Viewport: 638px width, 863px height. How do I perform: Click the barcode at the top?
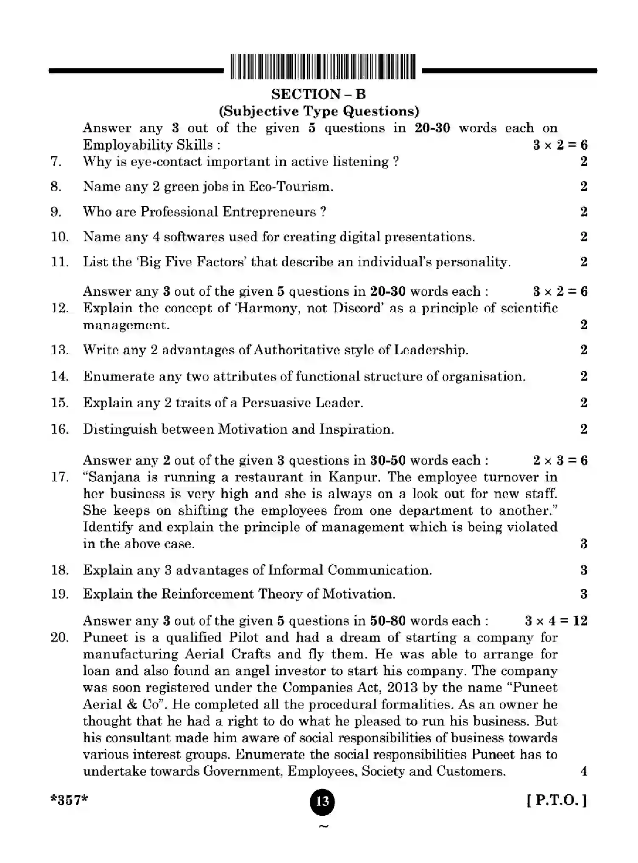(x=323, y=67)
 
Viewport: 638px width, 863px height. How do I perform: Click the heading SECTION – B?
(x=318, y=94)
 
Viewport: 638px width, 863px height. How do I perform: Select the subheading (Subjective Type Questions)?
(x=319, y=111)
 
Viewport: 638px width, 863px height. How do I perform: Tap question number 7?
(x=56, y=162)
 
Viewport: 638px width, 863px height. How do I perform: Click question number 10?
(x=60, y=237)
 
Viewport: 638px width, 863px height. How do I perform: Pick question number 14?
(x=60, y=376)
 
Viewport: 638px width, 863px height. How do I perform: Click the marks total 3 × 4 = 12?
(x=556, y=621)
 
